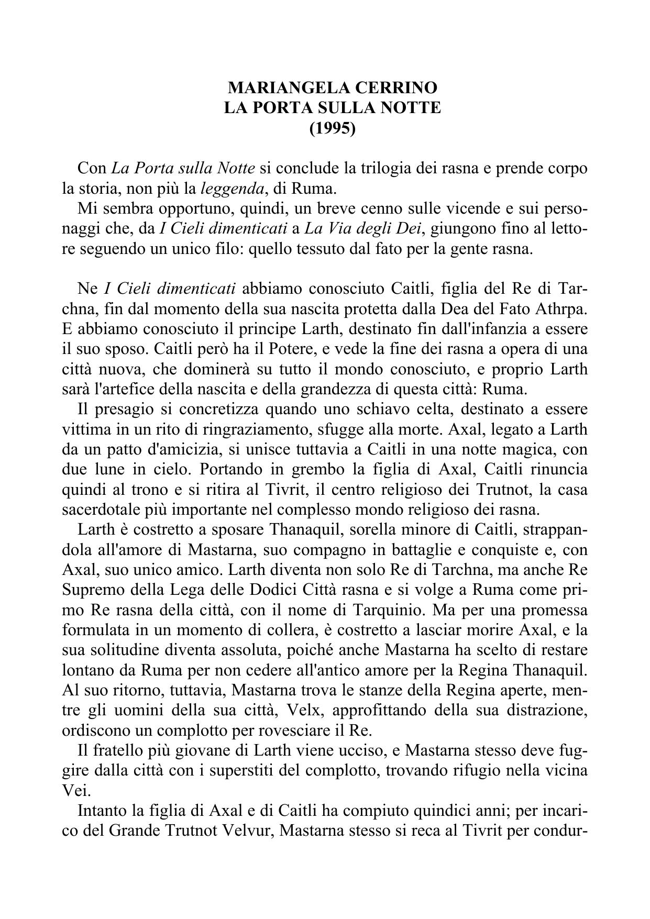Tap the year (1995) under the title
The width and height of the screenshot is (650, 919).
click(333, 128)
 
